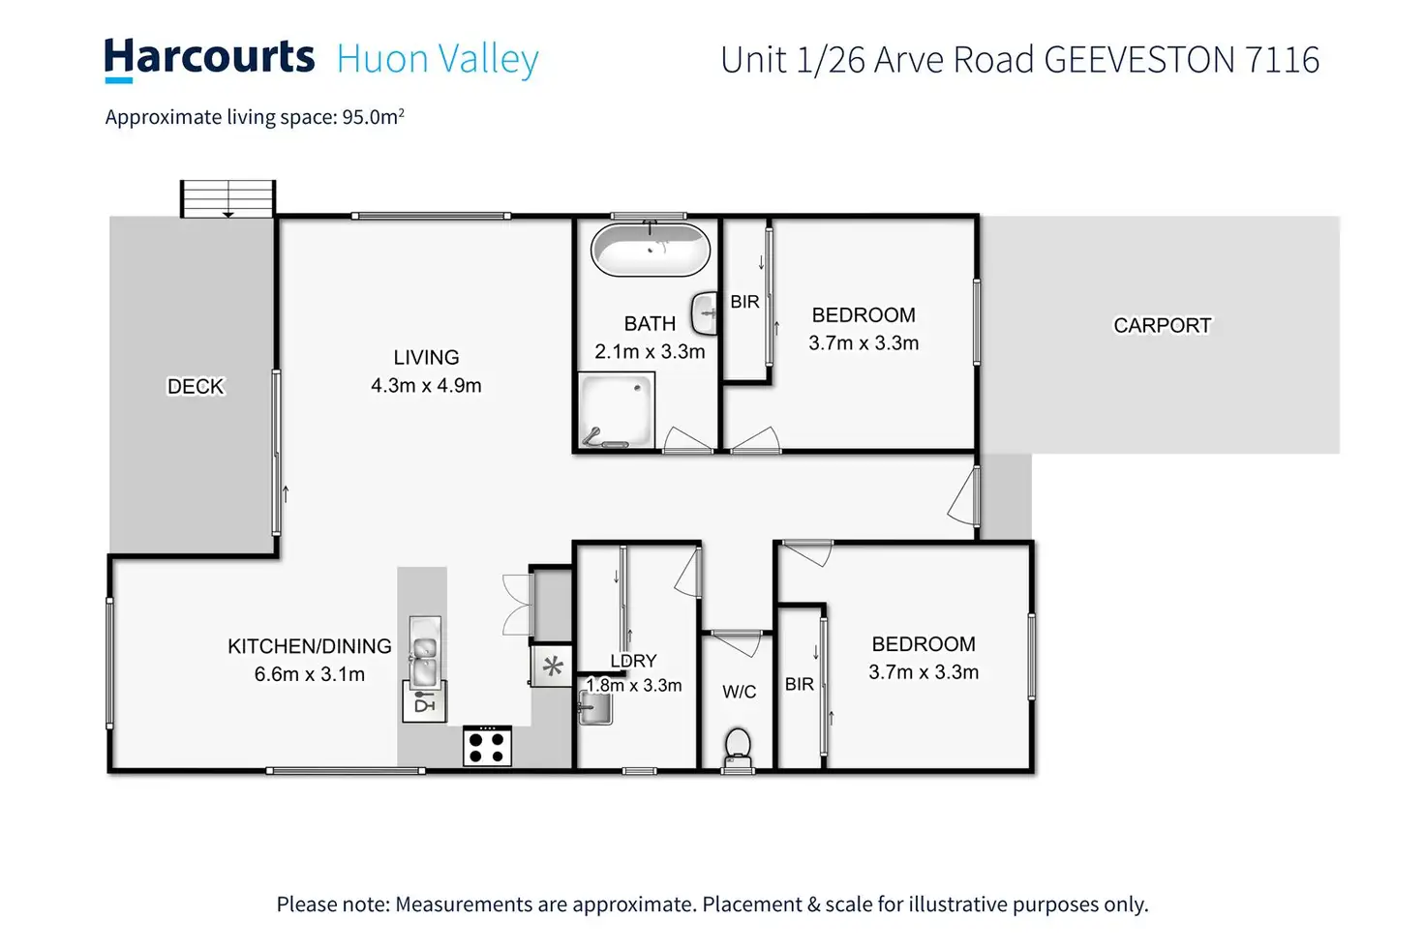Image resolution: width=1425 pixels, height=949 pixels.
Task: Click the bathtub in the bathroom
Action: (651, 250)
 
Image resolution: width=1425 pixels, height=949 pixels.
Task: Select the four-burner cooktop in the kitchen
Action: (487, 746)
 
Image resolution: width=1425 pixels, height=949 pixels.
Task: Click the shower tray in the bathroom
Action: (616, 410)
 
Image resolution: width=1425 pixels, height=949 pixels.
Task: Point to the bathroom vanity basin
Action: (704, 312)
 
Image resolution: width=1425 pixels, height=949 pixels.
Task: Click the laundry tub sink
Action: (595, 707)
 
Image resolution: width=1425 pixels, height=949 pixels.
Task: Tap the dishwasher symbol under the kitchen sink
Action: (424, 701)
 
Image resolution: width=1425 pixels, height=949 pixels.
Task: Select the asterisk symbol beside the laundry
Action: (552, 667)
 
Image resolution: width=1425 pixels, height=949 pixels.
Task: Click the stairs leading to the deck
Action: (227, 199)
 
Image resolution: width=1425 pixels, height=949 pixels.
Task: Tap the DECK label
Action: (196, 386)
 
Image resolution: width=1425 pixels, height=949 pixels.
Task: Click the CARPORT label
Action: (1163, 325)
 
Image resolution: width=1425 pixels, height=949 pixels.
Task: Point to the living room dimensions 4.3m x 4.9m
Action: (426, 385)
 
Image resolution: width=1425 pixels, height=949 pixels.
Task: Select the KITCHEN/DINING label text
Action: (310, 646)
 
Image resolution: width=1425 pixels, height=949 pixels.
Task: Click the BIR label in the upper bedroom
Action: (745, 302)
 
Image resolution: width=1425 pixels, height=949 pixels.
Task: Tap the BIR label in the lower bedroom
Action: (800, 684)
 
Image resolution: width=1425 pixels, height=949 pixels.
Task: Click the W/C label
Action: (740, 692)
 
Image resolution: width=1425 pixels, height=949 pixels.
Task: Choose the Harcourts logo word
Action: (209, 58)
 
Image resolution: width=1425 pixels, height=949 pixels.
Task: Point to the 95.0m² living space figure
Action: (374, 116)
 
